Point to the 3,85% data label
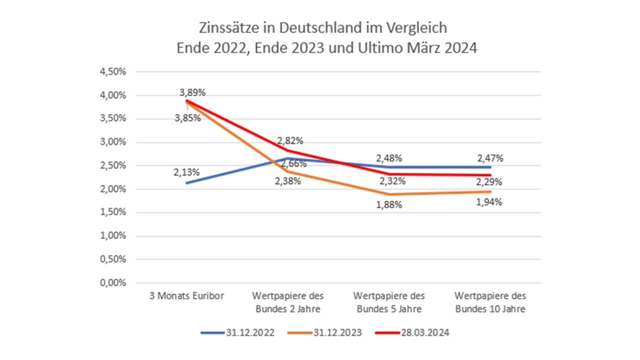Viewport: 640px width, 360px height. pos(187,118)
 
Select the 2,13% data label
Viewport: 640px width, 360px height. pos(187,172)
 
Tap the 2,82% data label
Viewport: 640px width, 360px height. pos(290,140)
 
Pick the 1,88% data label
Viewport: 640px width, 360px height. pos(389,204)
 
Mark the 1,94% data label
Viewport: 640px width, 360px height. pos(490,202)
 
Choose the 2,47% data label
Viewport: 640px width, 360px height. pos(490,158)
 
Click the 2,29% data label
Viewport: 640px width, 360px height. pos(490,181)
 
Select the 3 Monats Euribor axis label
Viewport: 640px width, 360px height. pos(187,295)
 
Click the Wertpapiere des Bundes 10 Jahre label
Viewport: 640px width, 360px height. pos(490,302)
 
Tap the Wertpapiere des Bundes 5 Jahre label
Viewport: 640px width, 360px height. pos(389,302)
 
